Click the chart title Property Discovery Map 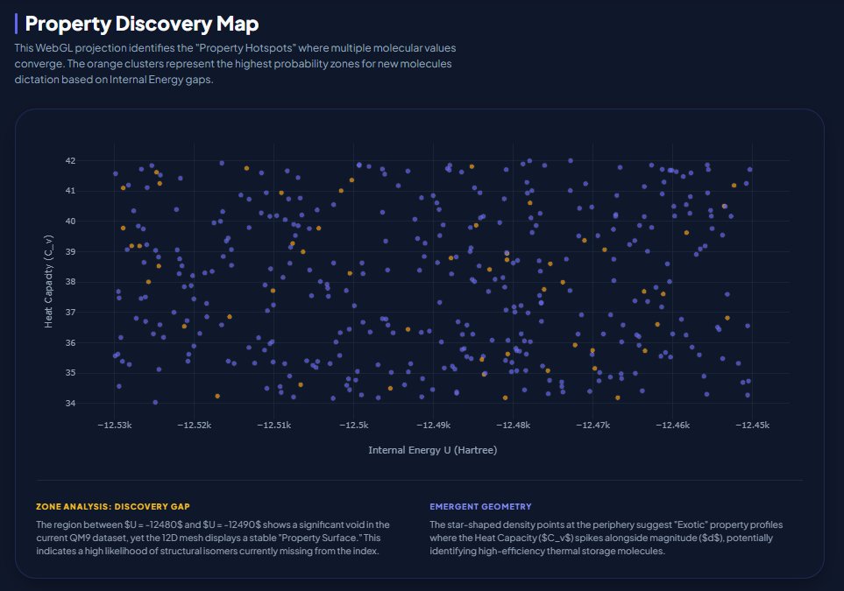(142, 24)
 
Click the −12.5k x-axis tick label (356, 426)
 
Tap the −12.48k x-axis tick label (513, 426)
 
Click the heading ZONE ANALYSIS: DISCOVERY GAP (113, 507)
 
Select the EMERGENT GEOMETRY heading (480, 507)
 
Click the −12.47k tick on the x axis (593, 426)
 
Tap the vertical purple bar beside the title (17, 24)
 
